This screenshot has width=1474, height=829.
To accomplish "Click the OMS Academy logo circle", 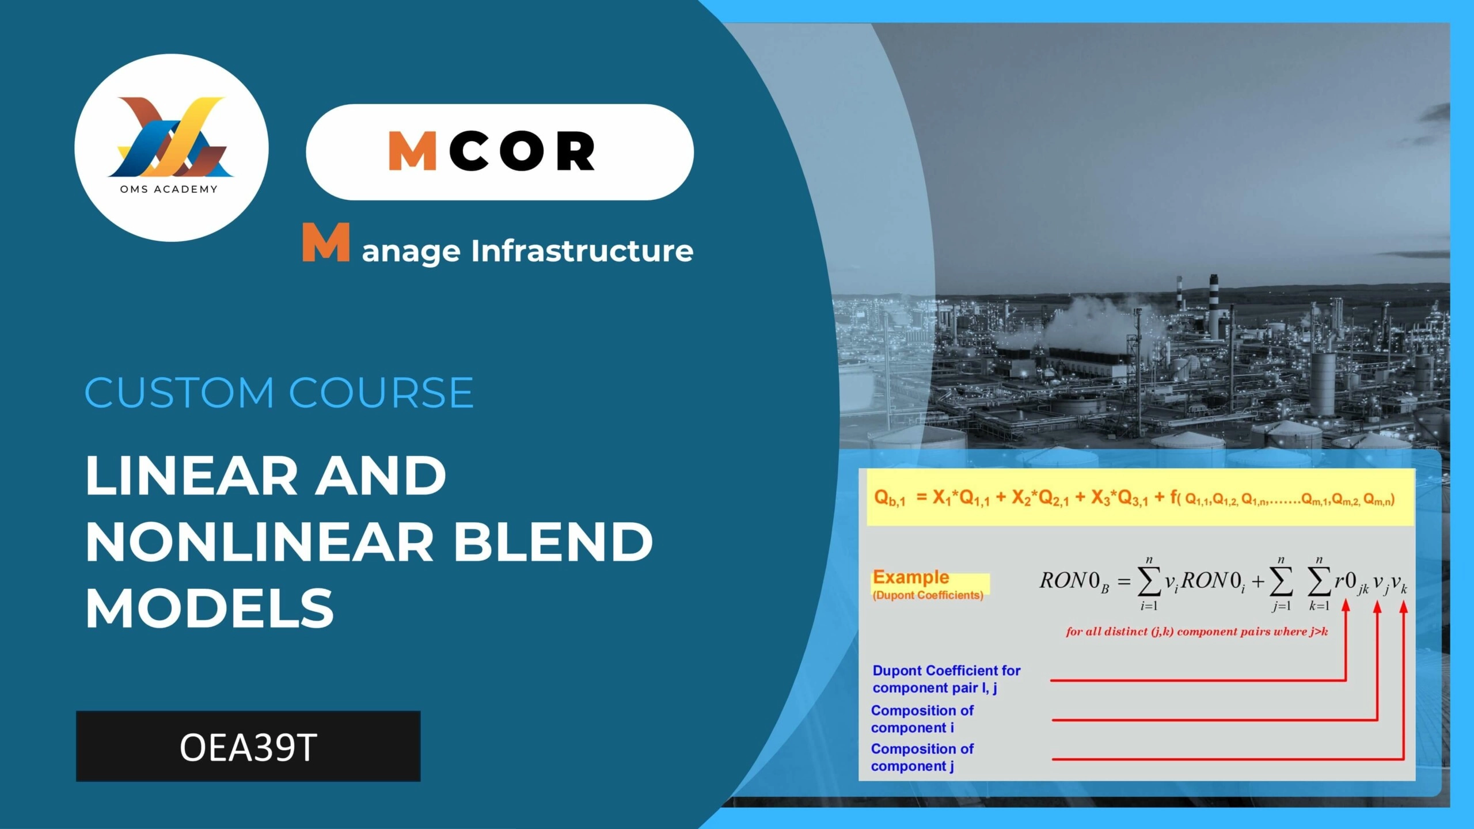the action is (172, 148).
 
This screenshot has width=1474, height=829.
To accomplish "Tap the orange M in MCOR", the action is (413, 151).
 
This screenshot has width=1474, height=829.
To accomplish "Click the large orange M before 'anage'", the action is (326, 242).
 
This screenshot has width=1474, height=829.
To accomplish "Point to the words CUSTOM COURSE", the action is (279, 393).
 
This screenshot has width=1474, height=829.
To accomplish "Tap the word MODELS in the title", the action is (210, 608).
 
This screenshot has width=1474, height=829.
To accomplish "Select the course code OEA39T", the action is (248, 747).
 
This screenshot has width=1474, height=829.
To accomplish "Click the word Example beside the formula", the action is (911, 577).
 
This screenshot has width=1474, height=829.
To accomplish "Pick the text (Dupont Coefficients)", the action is (928, 595).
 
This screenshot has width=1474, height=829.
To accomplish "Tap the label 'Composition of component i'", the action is (922, 719).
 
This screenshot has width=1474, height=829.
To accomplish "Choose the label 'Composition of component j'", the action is (922, 758).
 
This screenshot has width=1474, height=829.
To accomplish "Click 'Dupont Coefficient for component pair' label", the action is (946, 679).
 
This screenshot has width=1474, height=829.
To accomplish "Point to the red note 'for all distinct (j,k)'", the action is (1196, 632).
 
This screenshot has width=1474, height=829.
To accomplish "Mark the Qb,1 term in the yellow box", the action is (890, 498).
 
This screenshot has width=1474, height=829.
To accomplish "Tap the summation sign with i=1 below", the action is (1149, 583).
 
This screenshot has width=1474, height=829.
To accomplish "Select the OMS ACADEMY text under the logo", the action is (169, 189).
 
